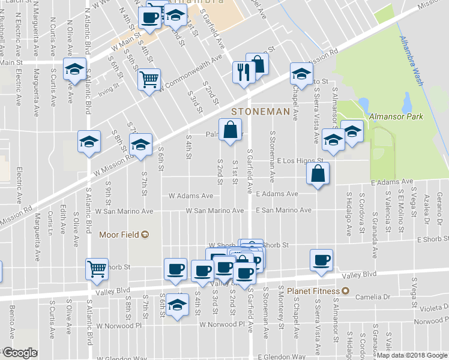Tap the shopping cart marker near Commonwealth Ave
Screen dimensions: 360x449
tap(149, 79)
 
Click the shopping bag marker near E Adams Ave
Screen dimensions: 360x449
tap(318, 173)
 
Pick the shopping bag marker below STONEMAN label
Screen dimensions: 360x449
tap(231, 130)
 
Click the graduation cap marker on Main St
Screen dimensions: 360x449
tap(75, 69)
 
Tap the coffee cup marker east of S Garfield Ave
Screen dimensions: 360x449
tap(321, 260)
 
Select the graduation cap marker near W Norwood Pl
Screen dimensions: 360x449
tap(177, 305)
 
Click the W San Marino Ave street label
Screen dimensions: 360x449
tap(215, 211)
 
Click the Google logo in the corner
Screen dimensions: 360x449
tap(20, 353)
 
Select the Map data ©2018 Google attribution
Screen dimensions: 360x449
tap(412, 355)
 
